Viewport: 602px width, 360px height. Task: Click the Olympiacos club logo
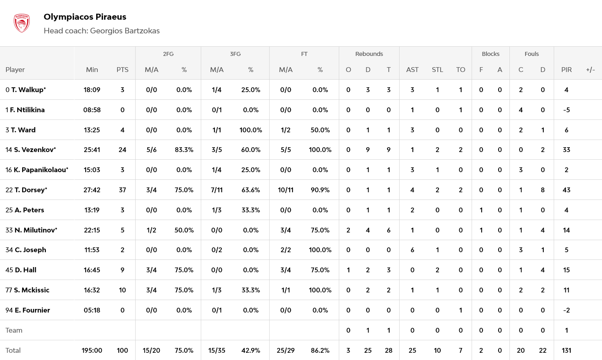click(x=22, y=23)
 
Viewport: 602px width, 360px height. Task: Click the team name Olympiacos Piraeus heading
click(x=85, y=17)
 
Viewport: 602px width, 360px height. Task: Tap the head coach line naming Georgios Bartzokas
click(x=101, y=31)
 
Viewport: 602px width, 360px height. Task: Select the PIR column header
click(x=566, y=70)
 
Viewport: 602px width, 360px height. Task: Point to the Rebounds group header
click(x=369, y=54)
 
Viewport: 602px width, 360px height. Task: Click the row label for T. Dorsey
click(x=27, y=190)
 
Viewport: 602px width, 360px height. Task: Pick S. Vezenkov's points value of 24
click(x=122, y=150)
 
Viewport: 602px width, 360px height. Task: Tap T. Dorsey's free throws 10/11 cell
click(x=285, y=190)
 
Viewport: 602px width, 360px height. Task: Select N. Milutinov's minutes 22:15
click(x=92, y=230)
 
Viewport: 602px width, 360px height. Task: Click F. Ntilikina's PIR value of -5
click(x=566, y=110)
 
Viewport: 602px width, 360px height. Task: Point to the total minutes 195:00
click(x=92, y=350)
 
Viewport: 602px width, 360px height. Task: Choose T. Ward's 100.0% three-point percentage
click(x=250, y=130)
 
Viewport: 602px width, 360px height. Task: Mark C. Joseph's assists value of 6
click(x=412, y=250)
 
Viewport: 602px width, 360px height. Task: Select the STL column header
click(x=437, y=70)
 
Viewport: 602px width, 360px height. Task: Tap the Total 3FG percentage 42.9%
click(x=250, y=350)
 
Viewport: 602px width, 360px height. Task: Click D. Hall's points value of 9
click(x=122, y=270)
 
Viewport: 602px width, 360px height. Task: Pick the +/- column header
click(x=590, y=70)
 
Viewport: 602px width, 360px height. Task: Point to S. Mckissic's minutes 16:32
click(x=92, y=290)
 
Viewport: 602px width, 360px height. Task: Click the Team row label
click(x=14, y=330)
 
